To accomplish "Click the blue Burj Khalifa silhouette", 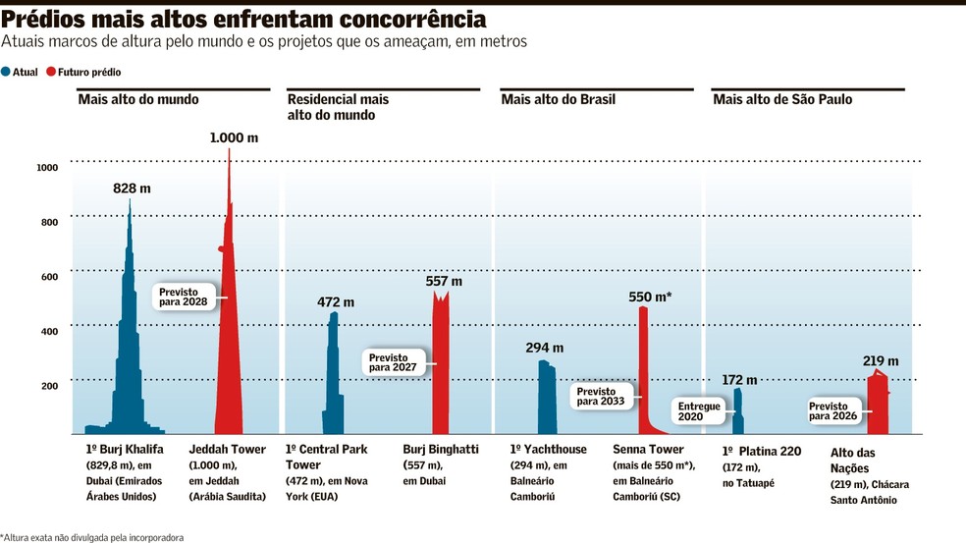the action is [x=129, y=370].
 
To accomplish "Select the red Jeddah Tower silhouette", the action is [x=229, y=346].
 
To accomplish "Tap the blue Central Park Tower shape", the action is [x=334, y=382].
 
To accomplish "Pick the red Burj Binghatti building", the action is [x=441, y=370].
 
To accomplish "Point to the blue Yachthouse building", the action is [x=547, y=401].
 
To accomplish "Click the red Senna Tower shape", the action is [x=643, y=370].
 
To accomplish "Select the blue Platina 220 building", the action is [x=738, y=413].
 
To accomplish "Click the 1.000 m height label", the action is [x=234, y=138].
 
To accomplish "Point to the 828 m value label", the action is [x=132, y=189].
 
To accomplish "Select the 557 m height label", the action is [x=444, y=281].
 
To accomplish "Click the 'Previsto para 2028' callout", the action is [x=184, y=298].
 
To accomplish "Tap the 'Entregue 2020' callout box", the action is [x=699, y=411].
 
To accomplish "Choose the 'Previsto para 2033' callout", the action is [x=601, y=397].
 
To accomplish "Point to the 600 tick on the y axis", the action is [x=50, y=277].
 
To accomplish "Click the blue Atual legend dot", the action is [x=6, y=72].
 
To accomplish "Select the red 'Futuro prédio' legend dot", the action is [x=51, y=72].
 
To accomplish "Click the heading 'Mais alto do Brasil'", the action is [x=559, y=99].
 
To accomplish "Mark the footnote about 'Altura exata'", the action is [x=92, y=537].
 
